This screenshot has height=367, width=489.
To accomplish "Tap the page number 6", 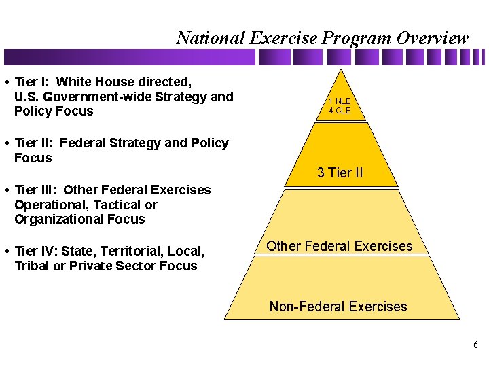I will point(475,345).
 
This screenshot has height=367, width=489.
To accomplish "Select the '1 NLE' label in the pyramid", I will point(340,101).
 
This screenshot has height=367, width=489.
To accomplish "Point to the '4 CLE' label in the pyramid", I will point(340,111).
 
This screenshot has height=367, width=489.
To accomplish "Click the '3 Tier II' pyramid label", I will point(340,173).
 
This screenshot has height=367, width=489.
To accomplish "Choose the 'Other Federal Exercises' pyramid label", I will point(340,246).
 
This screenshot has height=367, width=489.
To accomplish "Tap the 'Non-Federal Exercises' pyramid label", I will point(338,307).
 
